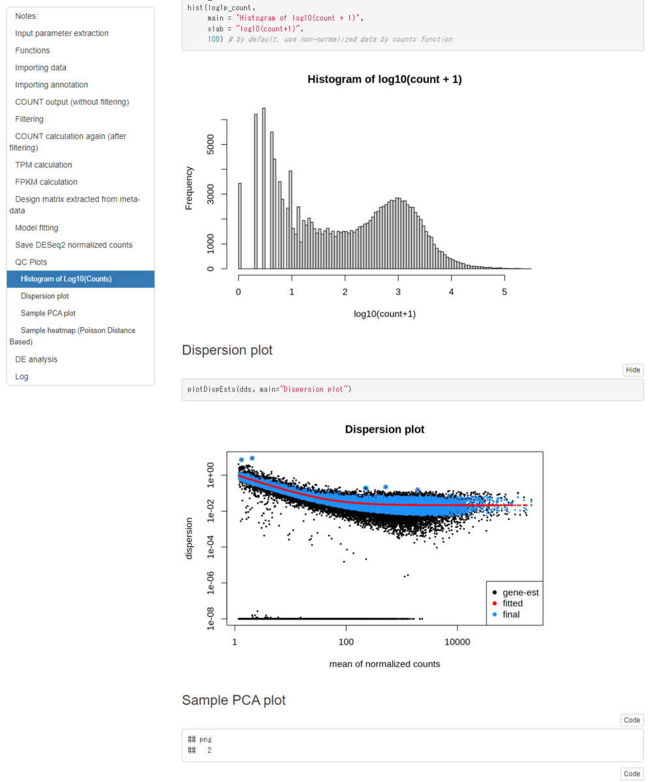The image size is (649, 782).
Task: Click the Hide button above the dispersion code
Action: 632,370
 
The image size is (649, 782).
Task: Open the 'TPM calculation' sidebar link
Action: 44,165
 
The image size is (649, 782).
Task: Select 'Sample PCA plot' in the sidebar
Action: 48,313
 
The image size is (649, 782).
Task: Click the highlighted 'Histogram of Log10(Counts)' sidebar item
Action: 66,279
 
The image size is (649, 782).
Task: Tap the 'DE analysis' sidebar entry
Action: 36,359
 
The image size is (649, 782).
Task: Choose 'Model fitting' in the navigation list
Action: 36,227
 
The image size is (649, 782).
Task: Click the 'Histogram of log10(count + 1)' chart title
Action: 384,80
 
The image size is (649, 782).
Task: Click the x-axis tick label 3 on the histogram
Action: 398,292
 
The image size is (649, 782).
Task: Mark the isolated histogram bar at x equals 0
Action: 240,225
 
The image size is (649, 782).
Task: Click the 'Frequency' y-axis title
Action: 189,188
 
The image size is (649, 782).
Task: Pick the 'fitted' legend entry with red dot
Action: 512,603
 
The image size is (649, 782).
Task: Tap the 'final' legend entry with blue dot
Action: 511,614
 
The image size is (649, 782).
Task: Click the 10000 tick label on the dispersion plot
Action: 457,642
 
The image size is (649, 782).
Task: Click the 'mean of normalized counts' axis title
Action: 384,664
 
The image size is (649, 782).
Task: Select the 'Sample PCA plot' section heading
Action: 233,700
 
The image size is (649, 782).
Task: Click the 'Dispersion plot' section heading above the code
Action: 227,350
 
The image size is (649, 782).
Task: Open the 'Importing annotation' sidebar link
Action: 51,85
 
